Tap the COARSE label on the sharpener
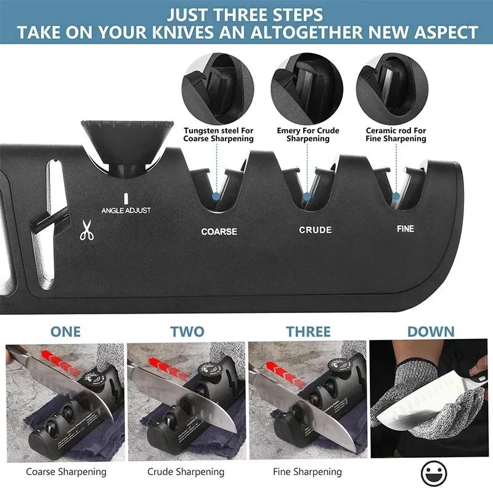click(219, 232)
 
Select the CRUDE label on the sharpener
click(316, 230)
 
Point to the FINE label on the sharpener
click(405, 229)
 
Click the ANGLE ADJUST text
click(126, 210)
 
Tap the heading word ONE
click(66, 332)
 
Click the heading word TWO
click(187, 332)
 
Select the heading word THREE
click(308, 332)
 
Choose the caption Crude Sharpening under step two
click(185, 472)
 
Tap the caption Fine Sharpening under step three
click(307, 472)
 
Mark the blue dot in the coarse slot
click(216, 197)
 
